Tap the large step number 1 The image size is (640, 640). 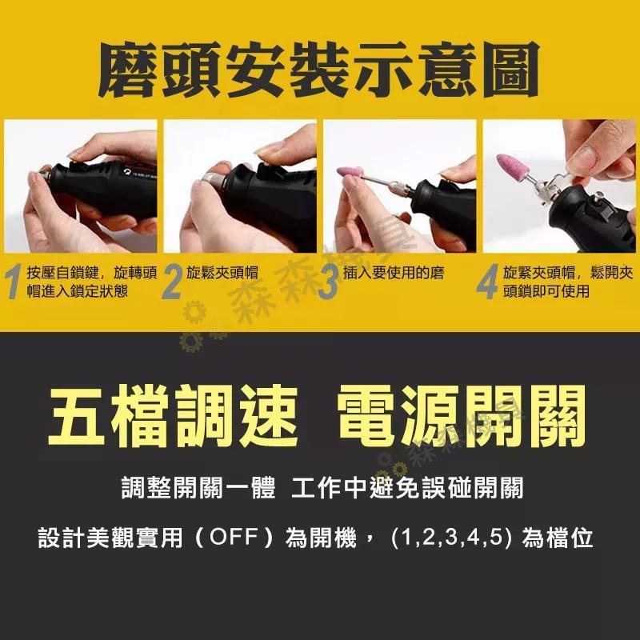(x=14, y=283)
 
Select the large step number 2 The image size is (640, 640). (x=172, y=283)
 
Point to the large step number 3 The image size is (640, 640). (x=327, y=283)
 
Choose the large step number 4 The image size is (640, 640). (x=488, y=283)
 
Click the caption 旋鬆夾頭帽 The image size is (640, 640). (x=225, y=274)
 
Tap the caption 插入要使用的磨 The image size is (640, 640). (x=393, y=274)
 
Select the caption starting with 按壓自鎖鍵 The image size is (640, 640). (x=91, y=282)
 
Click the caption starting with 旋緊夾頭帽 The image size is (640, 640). (x=568, y=282)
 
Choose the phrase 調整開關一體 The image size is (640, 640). (x=198, y=488)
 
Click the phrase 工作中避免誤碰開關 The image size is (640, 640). (x=408, y=488)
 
